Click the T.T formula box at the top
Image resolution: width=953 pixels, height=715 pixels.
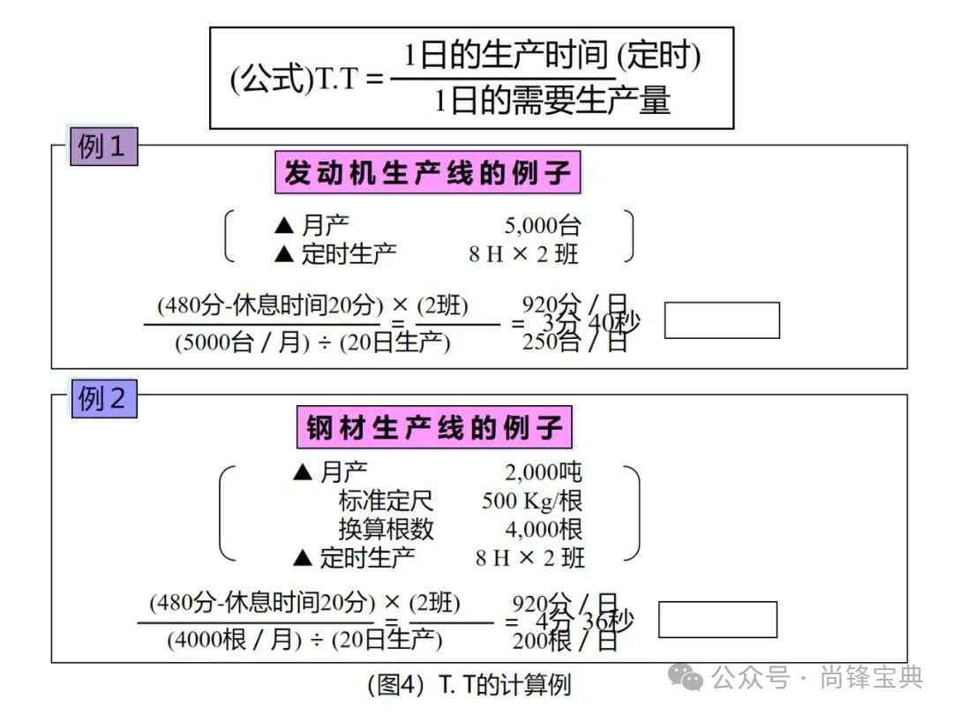pyautogui.click(x=471, y=78)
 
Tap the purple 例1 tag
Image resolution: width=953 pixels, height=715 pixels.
pyautogui.click(x=103, y=147)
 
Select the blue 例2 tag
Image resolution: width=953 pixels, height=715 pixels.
pyautogui.click(x=103, y=399)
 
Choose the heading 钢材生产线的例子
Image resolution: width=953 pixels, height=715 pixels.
pyautogui.click(x=434, y=428)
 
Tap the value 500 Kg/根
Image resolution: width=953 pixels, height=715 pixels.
pyautogui.click(x=532, y=500)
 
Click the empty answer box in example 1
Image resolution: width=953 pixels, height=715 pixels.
pyautogui.click(x=721, y=320)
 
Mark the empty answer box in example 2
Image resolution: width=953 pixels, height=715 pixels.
pyautogui.click(x=717, y=619)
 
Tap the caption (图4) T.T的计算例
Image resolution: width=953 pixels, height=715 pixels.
pyautogui.click(x=469, y=685)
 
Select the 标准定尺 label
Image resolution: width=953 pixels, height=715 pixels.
pyautogui.click(x=386, y=500)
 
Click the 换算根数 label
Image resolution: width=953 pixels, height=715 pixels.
pyautogui.click(x=386, y=529)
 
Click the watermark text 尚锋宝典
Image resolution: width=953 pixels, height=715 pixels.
pyautogui.click(x=871, y=677)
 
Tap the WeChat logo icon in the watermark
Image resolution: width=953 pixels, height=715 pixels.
pyautogui.click(x=685, y=677)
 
